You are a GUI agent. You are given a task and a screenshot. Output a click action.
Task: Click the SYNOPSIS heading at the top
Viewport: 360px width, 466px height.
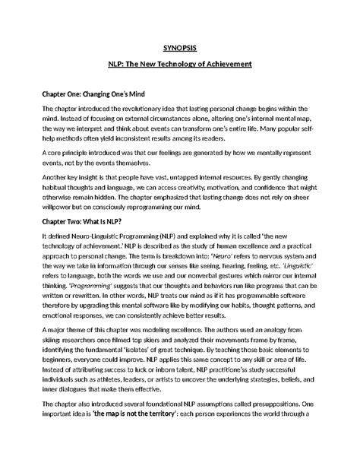(x=180, y=47)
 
